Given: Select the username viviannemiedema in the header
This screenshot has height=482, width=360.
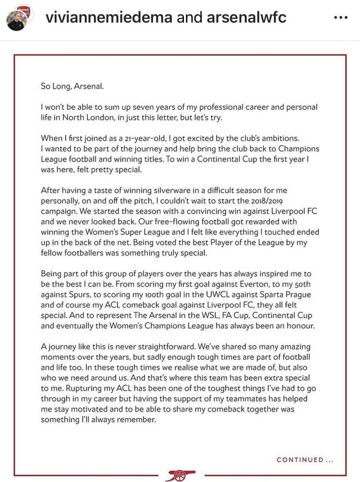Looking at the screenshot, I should (109, 17).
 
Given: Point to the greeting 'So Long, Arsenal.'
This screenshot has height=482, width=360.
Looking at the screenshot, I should (72, 87).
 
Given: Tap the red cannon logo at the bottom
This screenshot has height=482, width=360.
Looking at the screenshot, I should (180, 475).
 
